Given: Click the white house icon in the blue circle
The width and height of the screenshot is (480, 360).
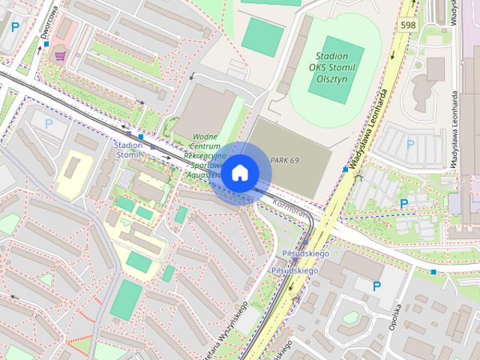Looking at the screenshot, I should (x=239, y=173).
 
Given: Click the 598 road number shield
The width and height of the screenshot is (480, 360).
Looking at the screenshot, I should (x=408, y=25).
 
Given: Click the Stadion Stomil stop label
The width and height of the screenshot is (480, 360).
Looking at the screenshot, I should (x=129, y=149).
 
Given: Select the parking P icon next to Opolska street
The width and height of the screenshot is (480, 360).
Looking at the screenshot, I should (x=377, y=285).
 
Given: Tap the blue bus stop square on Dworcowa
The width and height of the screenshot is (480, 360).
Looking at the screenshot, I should (x=46, y=44).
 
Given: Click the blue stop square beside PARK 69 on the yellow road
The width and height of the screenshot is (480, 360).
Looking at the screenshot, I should (x=345, y=169).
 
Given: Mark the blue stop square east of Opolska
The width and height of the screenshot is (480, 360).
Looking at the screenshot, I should (x=433, y=271).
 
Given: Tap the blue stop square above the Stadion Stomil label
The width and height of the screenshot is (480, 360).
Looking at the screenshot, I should (x=139, y=136).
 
